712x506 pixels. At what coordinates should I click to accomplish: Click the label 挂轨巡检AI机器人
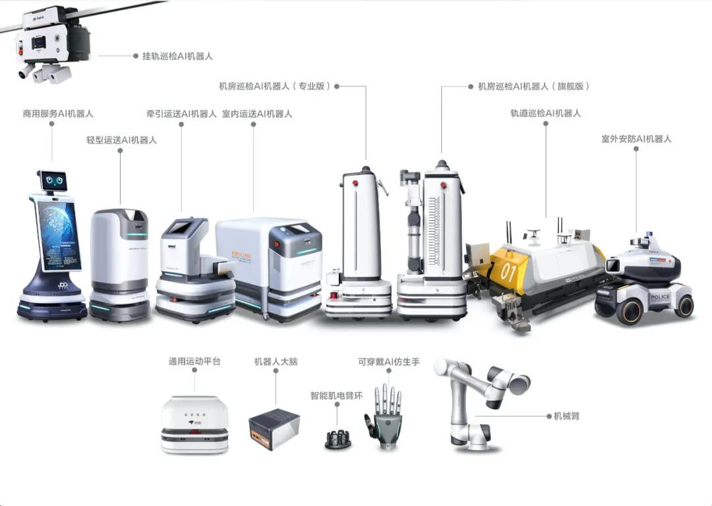pyautogui.click(x=177, y=56)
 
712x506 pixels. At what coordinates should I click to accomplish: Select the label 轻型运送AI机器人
pyautogui.click(x=121, y=140)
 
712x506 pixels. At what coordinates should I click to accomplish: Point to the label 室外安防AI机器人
pyautogui.click(x=636, y=139)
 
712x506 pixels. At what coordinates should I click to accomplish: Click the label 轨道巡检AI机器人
pyautogui.click(x=545, y=113)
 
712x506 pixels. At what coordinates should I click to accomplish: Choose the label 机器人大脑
pyautogui.click(x=276, y=362)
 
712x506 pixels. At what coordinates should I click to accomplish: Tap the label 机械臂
pyautogui.click(x=566, y=416)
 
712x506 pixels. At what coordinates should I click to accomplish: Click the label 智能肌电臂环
pyautogui.click(x=336, y=396)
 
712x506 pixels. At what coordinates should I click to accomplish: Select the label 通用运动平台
pyautogui.click(x=194, y=362)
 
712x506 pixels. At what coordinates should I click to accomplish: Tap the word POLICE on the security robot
pyautogui.click(x=660, y=297)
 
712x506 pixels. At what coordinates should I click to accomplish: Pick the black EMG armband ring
pyautogui.click(x=338, y=439)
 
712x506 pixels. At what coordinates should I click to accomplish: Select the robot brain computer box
pyautogui.click(x=274, y=428)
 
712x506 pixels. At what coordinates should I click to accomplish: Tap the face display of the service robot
pyautogui.click(x=53, y=179)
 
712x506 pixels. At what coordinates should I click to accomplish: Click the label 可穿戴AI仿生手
pyautogui.click(x=388, y=362)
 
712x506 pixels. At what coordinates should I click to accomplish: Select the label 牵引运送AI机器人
pyautogui.click(x=181, y=114)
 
